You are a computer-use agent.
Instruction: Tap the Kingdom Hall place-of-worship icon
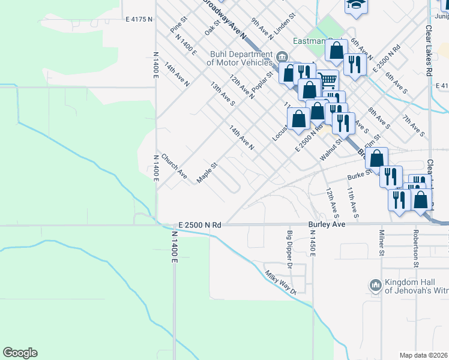375,285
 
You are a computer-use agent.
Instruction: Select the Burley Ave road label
327,224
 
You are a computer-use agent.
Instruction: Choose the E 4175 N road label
139,19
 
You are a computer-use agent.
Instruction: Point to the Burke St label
361,176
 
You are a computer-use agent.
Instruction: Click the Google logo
20,353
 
